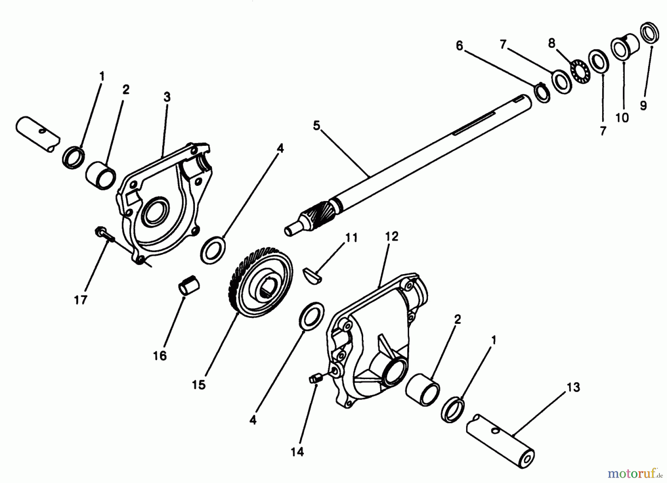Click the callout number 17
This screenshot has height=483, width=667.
(x=80, y=300)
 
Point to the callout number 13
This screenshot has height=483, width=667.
(x=573, y=387)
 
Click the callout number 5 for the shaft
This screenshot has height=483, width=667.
(x=316, y=126)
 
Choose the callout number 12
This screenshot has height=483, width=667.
(x=392, y=236)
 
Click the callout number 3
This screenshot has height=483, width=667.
(x=167, y=97)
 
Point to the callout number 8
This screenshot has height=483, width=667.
(x=552, y=43)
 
